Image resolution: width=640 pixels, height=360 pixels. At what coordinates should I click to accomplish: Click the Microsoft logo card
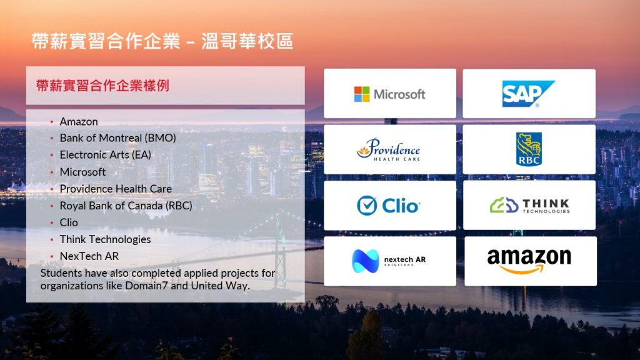pyautogui.click(x=390, y=94)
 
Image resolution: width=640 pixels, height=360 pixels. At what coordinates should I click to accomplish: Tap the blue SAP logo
pyautogui.click(x=528, y=94)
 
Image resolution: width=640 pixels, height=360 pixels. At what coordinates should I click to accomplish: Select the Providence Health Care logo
pyautogui.click(x=389, y=149)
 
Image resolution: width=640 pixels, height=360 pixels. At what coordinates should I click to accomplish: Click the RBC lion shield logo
pyautogui.click(x=529, y=149)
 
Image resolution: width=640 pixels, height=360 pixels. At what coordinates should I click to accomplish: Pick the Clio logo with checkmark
pyautogui.click(x=389, y=205)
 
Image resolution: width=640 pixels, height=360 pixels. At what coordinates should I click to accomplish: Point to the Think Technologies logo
pyautogui.click(x=529, y=205)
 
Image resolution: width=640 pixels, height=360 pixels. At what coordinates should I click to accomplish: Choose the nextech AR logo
pyautogui.click(x=389, y=261)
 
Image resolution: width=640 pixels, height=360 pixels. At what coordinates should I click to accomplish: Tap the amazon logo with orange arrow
pyautogui.click(x=529, y=261)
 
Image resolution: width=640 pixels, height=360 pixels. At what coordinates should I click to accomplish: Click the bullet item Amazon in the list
pyautogui.click(x=79, y=122)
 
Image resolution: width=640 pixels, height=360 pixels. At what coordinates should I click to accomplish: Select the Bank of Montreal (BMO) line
pyautogui.click(x=118, y=138)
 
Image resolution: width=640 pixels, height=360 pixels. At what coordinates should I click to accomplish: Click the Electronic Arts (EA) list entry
pyautogui.click(x=105, y=155)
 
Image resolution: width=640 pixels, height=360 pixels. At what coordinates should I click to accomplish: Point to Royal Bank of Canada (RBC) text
pyautogui.click(x=126, y=206)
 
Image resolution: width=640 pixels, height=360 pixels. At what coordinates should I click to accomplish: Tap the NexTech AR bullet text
pyautogui.click(x=89, y=256)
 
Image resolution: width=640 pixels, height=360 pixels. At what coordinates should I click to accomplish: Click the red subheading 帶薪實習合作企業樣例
pyautogui.click(x=102, y=86)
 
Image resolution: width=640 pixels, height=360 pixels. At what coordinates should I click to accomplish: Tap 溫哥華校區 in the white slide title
pyautogui.click(x=247, y=41)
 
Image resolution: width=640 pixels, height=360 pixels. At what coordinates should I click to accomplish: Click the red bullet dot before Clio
pyautogui.click(x=52, y=223)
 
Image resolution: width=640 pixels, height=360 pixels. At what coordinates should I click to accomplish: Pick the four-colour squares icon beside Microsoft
pyautogui.click(x=362, y=94)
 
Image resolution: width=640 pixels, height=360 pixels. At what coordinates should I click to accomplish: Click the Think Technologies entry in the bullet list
pyautogui.click(x=105, y=239)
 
